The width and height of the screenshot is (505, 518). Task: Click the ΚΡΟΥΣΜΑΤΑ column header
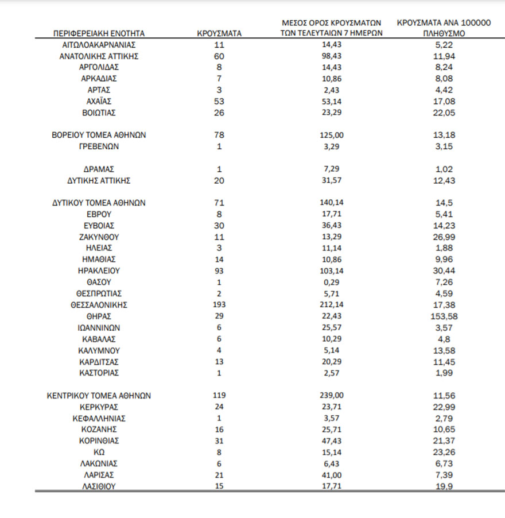tap(219, 33)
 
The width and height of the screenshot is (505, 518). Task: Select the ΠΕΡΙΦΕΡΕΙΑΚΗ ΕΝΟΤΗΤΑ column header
tap(99, 33)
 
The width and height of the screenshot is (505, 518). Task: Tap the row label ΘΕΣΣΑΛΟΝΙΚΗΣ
tap(99, 304)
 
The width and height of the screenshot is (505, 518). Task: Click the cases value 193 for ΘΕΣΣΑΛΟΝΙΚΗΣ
tap(219, 304)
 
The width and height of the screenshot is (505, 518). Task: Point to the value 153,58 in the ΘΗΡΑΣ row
tap(444, 316)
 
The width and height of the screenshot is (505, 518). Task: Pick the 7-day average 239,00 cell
tap(332, 395)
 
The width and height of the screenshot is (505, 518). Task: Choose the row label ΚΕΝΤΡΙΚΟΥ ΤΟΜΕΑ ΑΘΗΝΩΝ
tap(99, 395)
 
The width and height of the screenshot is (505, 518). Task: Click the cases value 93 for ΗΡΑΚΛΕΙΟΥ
tap(219, 270)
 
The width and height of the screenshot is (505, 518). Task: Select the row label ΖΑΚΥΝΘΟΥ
tap(99, 237)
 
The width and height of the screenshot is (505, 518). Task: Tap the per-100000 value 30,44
tap(444, 270)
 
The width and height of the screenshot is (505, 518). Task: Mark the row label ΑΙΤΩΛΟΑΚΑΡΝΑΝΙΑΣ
tap(99, 45)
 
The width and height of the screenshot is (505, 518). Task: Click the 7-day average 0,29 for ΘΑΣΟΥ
tap(332, 282)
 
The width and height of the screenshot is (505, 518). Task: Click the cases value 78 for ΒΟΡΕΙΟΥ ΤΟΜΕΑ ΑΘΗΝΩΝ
tap(219, 135)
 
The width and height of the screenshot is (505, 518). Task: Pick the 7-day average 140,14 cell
tap(332, 203)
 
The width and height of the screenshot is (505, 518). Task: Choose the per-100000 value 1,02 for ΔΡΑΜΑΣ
tap(444, 169)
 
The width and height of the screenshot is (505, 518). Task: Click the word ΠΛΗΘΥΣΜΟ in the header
tap(444, 33)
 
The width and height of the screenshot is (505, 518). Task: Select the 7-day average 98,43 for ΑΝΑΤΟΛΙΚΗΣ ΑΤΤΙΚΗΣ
tap(332, 56)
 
